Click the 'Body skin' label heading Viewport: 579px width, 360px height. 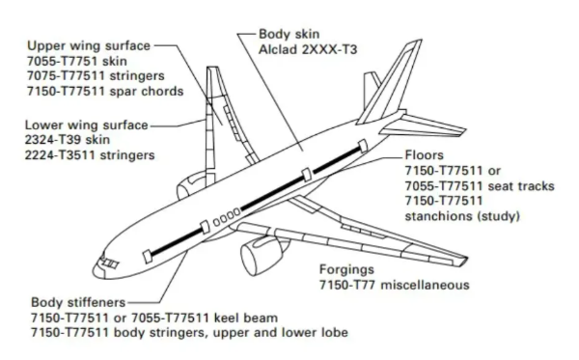click(x=289, y=35)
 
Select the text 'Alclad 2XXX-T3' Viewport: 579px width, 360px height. click(x=308, y=49)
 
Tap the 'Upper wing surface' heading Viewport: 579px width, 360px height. click(x=89, y=45)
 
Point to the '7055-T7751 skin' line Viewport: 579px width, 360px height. click(x=77, y=61)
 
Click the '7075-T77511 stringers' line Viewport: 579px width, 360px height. click(x=96, y=75)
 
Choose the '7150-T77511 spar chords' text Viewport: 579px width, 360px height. click(x=105, y=91)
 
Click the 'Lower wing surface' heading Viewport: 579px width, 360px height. click(x=87, y=125)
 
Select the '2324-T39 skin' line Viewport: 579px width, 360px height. click(x=68, y=140)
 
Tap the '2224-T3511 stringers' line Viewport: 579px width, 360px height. click(x=90, y=155)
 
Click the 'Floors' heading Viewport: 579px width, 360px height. click(x=425, y=155)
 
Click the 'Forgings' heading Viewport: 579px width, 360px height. click(x=346, y=269)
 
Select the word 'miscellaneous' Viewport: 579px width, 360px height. click(x=425, y=285)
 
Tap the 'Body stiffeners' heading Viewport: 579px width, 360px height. click(x=78, y=302)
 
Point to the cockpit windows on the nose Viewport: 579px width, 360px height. click(x=109, y=263)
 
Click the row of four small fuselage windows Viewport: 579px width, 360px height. click(x=227, y=217)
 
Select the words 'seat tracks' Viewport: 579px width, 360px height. click(x=521, y=185)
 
